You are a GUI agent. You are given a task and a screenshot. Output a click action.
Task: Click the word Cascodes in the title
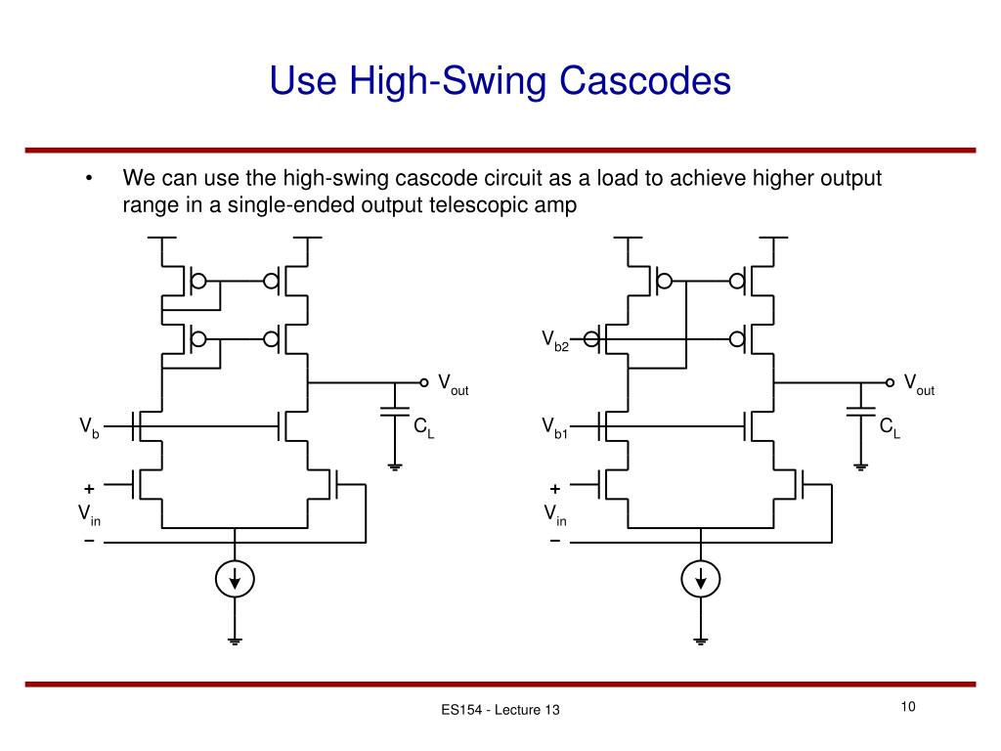pos(645,80)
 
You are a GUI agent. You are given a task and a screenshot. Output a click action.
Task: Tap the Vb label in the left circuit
pos(89,427)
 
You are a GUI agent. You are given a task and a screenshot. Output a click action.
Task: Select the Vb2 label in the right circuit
pos(555,340)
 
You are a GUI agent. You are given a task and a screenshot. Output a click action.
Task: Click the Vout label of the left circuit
pos(454,384)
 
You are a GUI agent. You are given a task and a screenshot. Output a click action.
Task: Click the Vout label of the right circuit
pos(919,384)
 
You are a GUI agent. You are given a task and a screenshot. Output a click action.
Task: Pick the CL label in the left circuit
pos(424,427)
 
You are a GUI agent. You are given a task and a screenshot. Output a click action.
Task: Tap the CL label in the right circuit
pos(890,427)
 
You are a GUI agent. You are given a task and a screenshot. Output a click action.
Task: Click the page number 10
pos(908,706)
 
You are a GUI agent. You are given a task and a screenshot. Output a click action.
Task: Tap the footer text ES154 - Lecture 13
pos(500,710)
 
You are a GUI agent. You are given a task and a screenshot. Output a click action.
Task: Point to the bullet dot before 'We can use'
pos(89,178)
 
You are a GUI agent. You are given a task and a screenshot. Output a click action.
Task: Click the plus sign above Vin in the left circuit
pos(89,489)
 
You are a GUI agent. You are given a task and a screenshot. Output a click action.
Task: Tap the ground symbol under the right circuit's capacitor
pos(860,466)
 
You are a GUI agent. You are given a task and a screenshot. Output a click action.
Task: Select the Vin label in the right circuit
pos(555,514)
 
